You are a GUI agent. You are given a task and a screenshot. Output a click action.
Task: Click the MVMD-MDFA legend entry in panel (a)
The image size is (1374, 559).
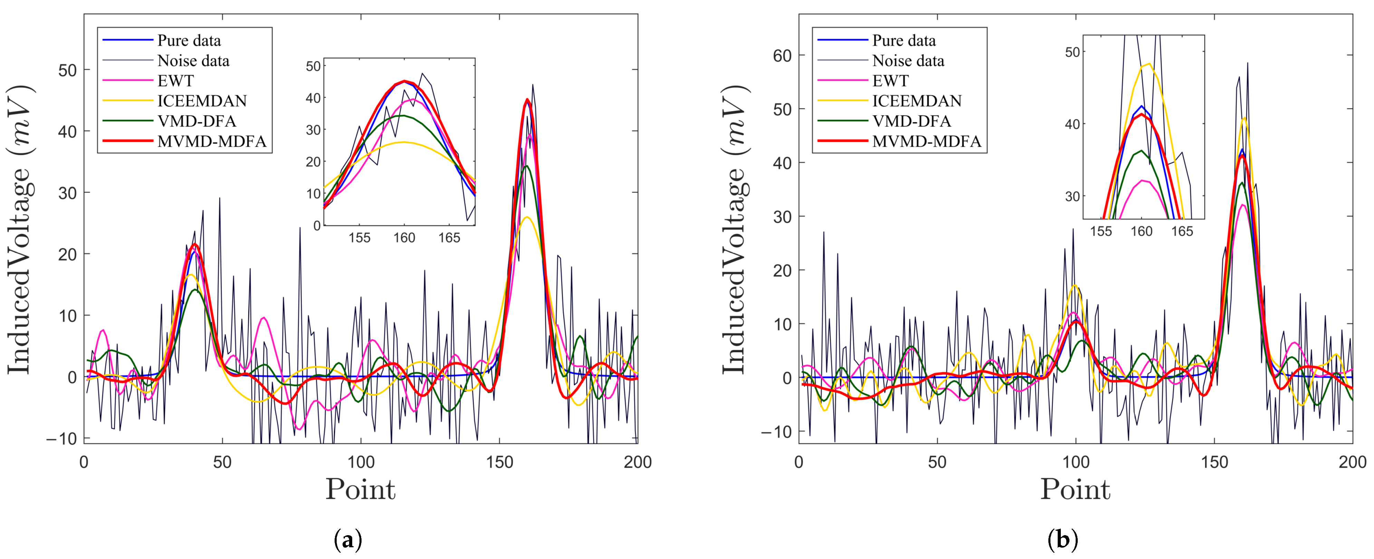tap(211, 141)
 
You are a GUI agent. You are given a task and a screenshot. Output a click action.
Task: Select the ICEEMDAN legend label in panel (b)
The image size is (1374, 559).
tap(917, 101)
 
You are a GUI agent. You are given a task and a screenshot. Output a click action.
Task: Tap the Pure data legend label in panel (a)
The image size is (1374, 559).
tap(189, 40)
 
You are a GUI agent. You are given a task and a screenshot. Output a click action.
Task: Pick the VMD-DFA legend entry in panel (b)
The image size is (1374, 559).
tap(912, 121)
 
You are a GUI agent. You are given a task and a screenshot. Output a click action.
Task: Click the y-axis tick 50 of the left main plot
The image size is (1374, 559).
tap(67, 70)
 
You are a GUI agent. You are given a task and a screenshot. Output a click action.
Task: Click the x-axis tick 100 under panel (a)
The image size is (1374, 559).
tap(361, 462)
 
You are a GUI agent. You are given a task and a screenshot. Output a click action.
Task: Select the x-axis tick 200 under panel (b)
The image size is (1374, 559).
tap(1352, 462)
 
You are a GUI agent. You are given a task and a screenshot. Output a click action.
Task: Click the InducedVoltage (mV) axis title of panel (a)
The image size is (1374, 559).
tap(20, 229)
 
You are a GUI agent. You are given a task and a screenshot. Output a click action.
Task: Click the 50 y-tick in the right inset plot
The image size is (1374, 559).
tap(1072, 52)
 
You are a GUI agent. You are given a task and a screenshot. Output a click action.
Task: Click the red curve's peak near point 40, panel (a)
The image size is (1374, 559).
tap(195, 244)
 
